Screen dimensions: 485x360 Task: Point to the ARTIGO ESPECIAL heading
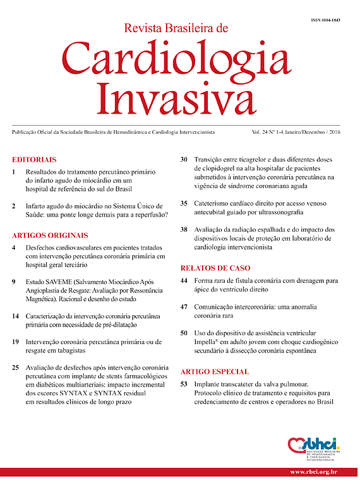click(214, 372)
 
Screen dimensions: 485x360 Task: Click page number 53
click(184, 383)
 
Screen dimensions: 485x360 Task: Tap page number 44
click(184, 279)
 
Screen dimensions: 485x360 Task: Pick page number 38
click(184, 230)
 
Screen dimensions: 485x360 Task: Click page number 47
click(184, 306)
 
